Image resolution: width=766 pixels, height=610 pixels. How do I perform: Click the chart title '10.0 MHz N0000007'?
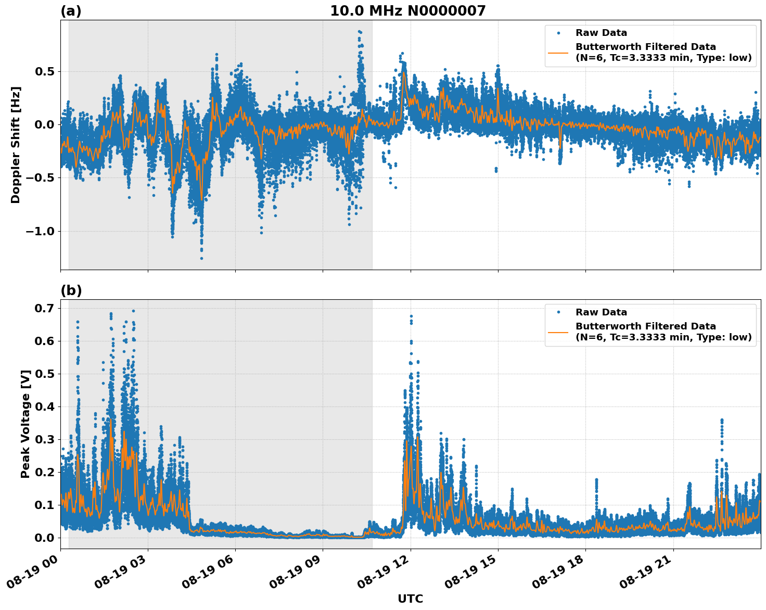coord(407,11)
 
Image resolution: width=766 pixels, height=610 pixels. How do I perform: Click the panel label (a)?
coord(71,11)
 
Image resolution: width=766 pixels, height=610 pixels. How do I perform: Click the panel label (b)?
coord(71,290)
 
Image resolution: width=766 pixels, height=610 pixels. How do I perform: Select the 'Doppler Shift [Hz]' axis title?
coord(16,145)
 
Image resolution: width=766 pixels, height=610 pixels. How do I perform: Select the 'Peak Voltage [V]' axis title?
coord(25,424)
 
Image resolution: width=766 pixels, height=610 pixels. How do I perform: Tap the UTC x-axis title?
coord(410,599)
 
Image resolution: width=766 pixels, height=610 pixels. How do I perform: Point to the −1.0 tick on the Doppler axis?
coord(40,231)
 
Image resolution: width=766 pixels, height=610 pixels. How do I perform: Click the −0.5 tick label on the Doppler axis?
coord(40,178)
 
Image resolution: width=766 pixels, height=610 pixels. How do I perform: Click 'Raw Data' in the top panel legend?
coord(601,33)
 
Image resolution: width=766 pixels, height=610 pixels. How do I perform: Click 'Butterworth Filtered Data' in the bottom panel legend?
coord(645,326)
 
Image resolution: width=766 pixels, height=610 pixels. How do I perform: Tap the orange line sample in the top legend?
coord(558,52)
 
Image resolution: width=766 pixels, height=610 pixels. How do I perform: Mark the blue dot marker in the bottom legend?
coord(558,312)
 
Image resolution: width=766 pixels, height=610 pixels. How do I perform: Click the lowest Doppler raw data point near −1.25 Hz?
coord(201,258)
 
